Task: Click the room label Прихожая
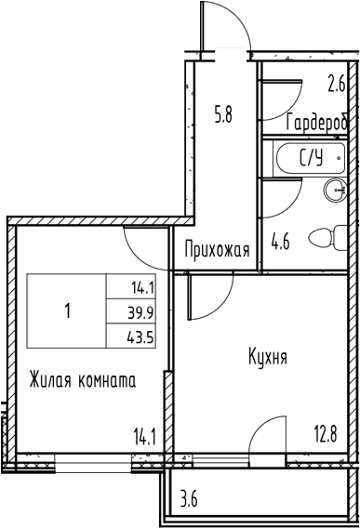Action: click(x=219, y=249)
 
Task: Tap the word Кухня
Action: click(x=267, y=356)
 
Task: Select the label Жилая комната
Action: click(x=82, y=380)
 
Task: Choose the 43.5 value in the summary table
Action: click(x=143, y=333)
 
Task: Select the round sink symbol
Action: click(x=334, y=191)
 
